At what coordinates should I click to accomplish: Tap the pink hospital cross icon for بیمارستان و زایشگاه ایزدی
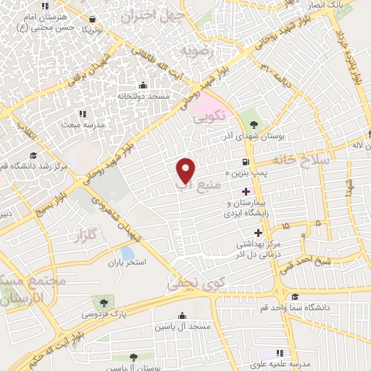click(x=246, y=192)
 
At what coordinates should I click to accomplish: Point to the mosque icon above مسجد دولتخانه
click(x=142, y=86)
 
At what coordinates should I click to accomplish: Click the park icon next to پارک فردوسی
click(x=107, y=301)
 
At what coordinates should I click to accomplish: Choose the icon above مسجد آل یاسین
click(x=181, y=315)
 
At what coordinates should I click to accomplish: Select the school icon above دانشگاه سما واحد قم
click(x=294, y=297)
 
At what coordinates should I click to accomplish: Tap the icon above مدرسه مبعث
click(x=83, y=113)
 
